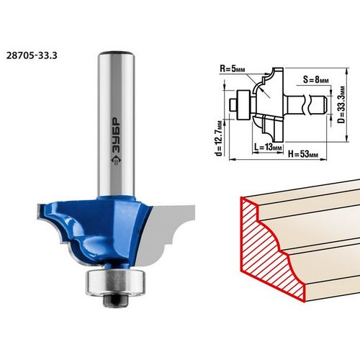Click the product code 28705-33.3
click(32, 55)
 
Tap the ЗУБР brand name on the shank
click(116, 135)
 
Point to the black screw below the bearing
click(115, 301)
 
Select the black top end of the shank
click(116, 53)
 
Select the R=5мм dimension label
click(233, 69)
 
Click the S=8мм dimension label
click(315, 79)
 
